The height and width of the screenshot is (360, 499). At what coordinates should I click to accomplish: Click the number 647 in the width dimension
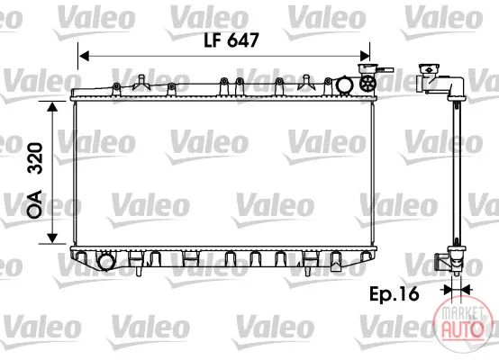pos(243,40)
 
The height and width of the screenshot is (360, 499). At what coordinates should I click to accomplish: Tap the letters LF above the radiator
pos(213,40)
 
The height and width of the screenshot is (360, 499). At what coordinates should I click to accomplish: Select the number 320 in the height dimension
pos(35,158)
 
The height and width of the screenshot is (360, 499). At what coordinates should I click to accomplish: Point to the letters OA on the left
pos(35,204)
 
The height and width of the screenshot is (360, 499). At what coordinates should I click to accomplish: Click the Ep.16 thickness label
pos(394,294)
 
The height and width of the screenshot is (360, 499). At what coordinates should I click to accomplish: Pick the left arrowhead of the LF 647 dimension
pos(84,57)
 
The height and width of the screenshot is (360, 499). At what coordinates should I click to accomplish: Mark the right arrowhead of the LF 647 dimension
pos(365,57)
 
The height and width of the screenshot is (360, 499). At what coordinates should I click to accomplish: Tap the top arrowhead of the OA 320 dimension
pos(52,106)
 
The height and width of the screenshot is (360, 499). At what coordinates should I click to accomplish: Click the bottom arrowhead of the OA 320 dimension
pos(52,238)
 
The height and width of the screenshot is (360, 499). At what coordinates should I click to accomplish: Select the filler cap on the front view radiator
pos(367,68)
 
